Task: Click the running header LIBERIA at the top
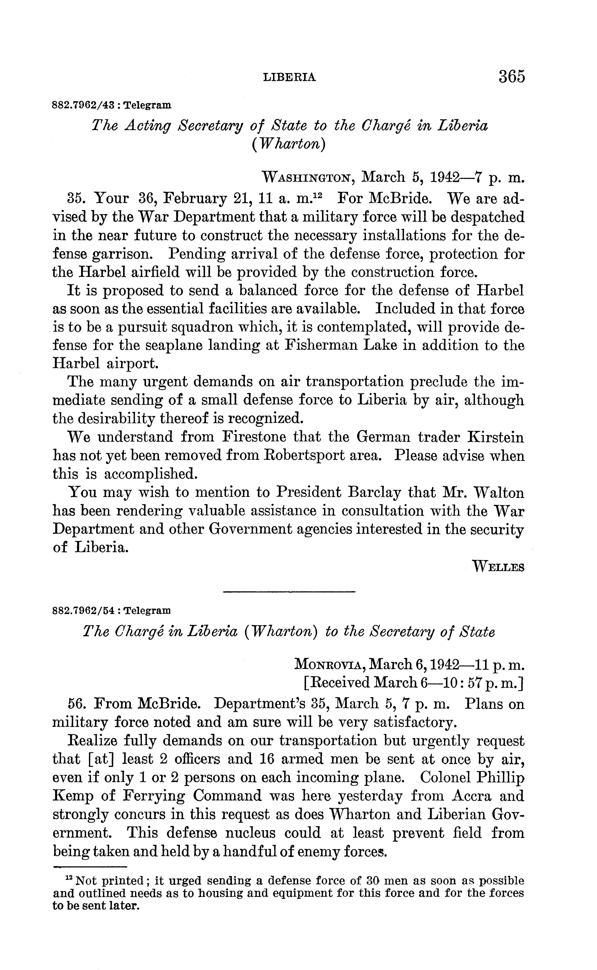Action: pos(289,77)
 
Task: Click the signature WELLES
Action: pos(498,568)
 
